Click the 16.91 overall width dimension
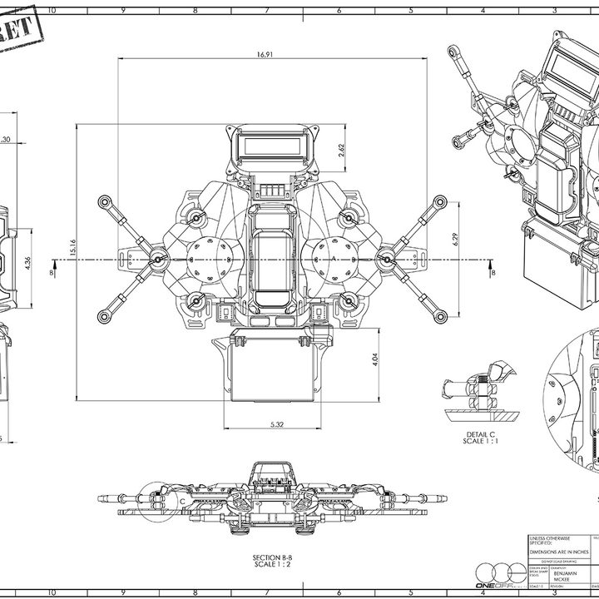(x=265, y=54)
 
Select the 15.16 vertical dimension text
(x=73, y=247)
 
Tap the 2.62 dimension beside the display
(x=342, y=150)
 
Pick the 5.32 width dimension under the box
(x=278, y=424)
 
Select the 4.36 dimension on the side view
(x=28, y=262)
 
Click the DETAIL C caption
(x=481, y=434)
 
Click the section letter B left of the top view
(x=52, y=272)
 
